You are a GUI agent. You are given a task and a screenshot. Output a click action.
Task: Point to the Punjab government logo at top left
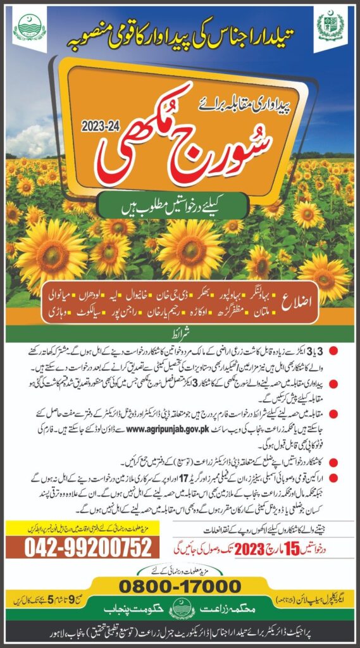coord(29,29)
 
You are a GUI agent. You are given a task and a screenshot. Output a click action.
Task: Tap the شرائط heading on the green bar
coord(180,333)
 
